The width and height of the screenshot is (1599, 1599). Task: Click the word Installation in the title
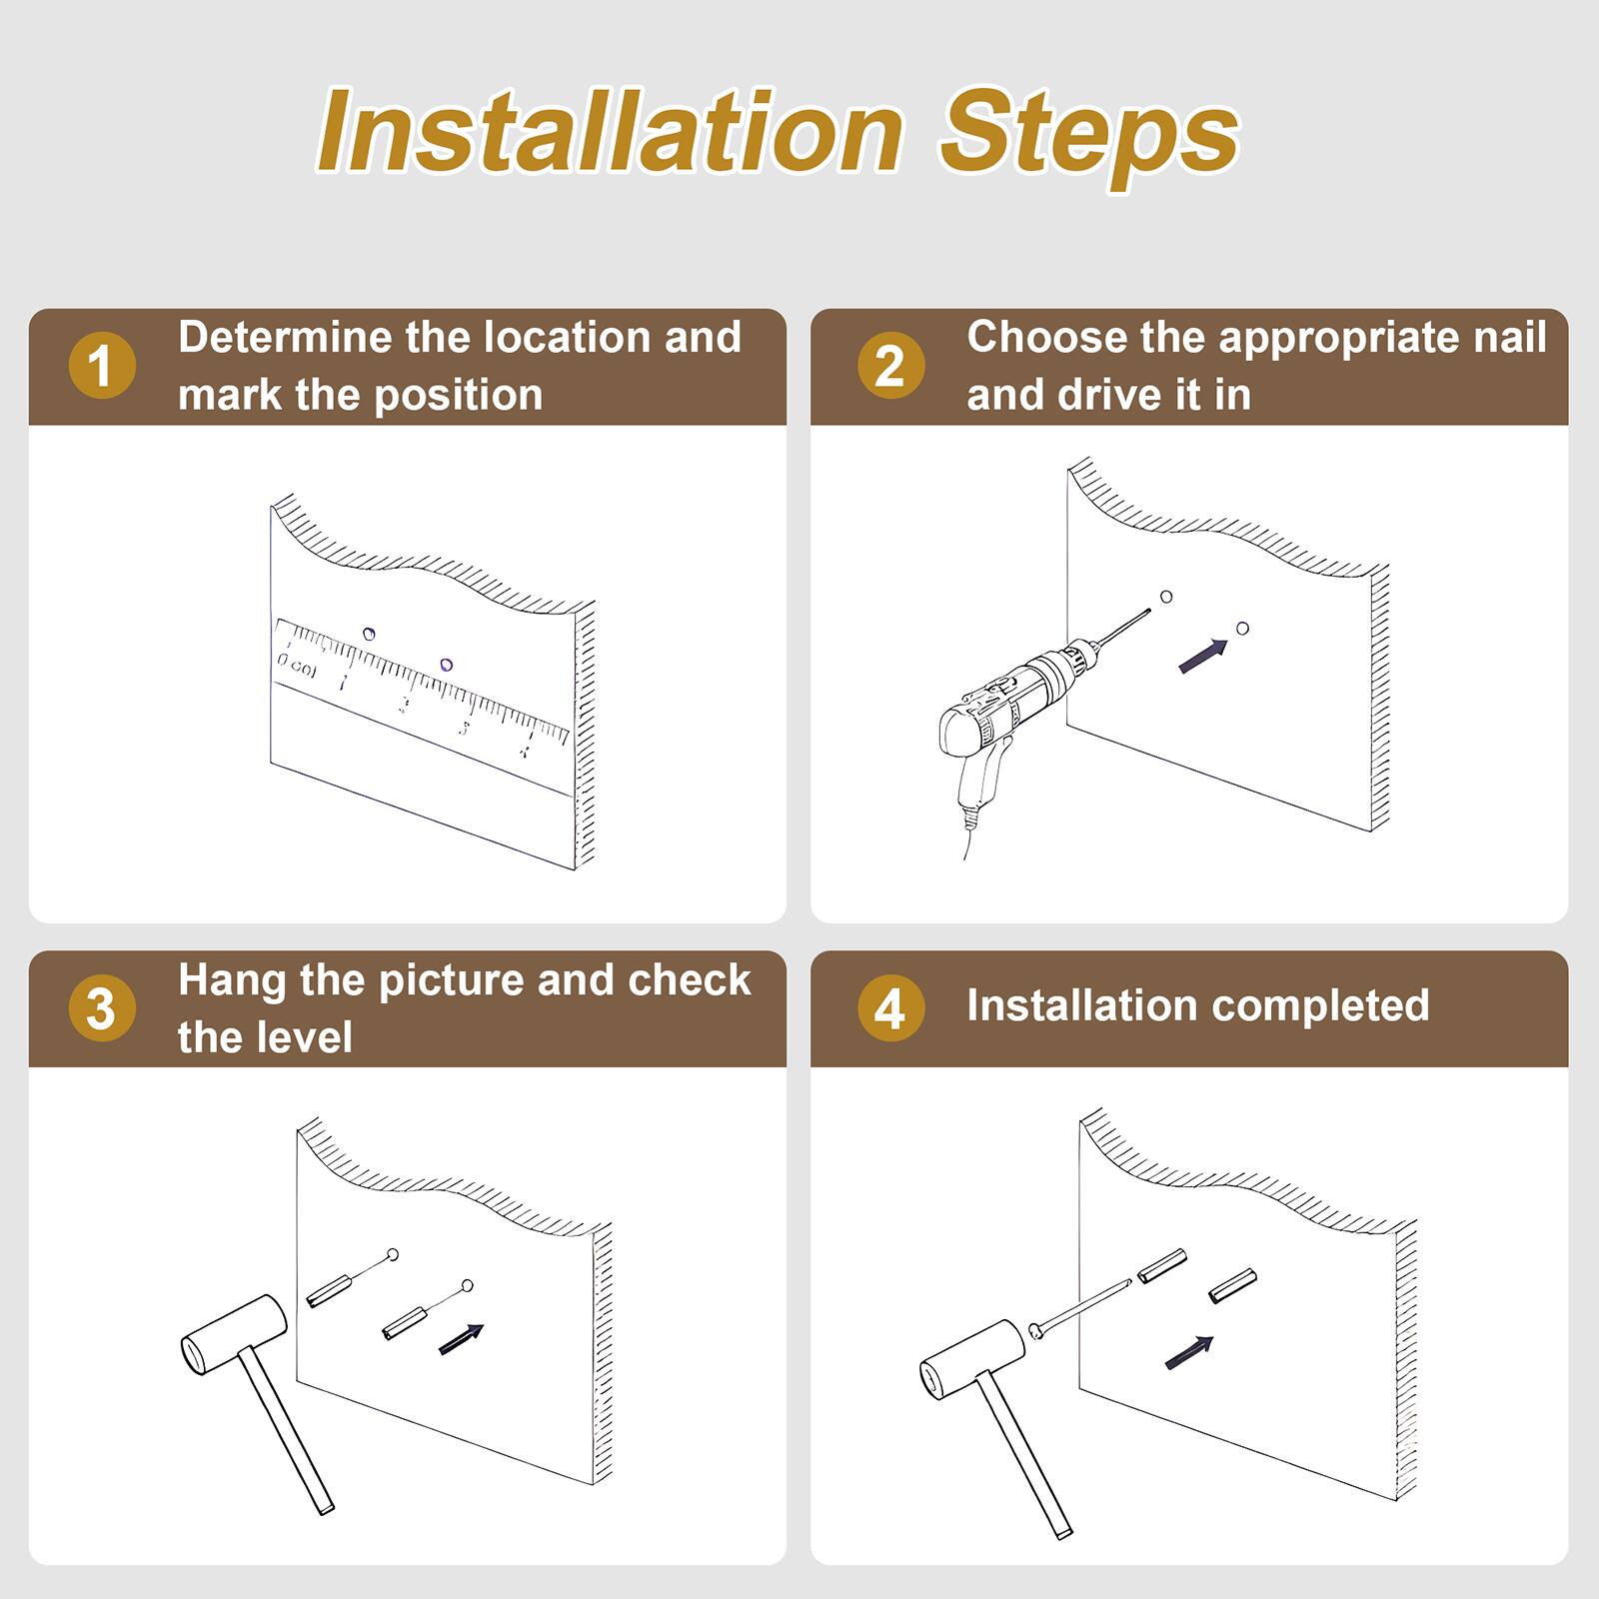pos(610,132)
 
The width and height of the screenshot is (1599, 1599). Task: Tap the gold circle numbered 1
pos(102,366)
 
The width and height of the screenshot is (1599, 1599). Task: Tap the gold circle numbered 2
pos(890,366)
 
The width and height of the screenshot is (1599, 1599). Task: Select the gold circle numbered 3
pos(102,1008)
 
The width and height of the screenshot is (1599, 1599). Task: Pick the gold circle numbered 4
pos(890,1008)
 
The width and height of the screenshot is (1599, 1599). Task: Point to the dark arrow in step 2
pos(1203,656)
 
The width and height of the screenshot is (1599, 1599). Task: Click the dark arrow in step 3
pos(462,1339)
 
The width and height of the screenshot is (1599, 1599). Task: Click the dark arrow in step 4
pos(1189,1352)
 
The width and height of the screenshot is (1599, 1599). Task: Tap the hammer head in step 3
pos(234,1335)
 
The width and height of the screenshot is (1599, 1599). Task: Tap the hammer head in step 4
pos(971,1359)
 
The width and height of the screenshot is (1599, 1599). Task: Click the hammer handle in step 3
pos(286,1429)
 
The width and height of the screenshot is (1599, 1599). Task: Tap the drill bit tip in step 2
pos(1148,611)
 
